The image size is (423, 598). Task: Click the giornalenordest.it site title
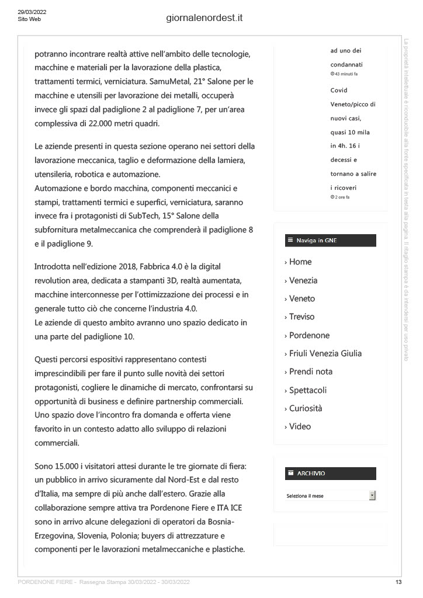pos(204,18)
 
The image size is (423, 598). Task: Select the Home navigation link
pos(300,262)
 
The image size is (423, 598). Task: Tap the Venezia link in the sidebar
pos(303,280)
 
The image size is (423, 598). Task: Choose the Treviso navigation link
pos(301,317)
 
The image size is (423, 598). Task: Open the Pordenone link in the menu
pos(309,335)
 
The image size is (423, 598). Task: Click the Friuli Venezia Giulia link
pos(325,353)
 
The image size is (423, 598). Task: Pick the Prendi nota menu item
pos(311,371)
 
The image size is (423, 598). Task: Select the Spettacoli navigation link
pos(308,390)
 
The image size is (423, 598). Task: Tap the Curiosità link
pos(306,408)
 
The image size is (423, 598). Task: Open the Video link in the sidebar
pos(300,426)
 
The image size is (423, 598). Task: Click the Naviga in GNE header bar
pos(330,241)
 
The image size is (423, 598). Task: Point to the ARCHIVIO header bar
pos(330,473)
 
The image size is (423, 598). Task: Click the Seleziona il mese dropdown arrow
pos(372,495)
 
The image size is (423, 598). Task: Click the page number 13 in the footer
pos(398,582)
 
